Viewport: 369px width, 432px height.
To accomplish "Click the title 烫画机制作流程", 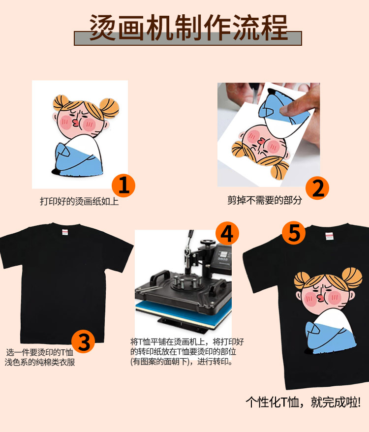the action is [x=188, y=28].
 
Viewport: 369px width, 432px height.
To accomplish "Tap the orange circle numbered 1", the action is [x=123, y=185].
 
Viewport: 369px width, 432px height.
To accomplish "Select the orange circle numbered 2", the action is [x=317, y=188].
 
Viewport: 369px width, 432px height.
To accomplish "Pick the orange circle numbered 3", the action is [x=83, y=341].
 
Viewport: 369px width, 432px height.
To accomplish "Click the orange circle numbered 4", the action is [x=227, y=234].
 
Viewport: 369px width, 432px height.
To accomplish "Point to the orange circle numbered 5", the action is [x=294, y=233].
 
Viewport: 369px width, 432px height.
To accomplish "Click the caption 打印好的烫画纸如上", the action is [x=79, y=201].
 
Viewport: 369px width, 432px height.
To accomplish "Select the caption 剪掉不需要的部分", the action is [x=264, y=200].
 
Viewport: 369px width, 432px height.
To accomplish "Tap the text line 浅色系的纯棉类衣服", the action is [x=40, y=362].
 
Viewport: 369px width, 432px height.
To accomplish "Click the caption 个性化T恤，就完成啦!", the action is [x=303, y=402].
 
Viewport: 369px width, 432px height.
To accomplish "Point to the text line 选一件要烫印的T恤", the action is [x=40, y=352].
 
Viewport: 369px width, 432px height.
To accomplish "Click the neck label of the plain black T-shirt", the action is [x=65, y=232].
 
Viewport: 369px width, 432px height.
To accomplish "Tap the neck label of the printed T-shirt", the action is [x=329, y=236].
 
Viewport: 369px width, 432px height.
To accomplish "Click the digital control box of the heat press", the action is [x=223, y=257].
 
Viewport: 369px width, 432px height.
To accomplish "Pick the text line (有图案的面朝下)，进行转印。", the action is [x=182, y=362].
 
